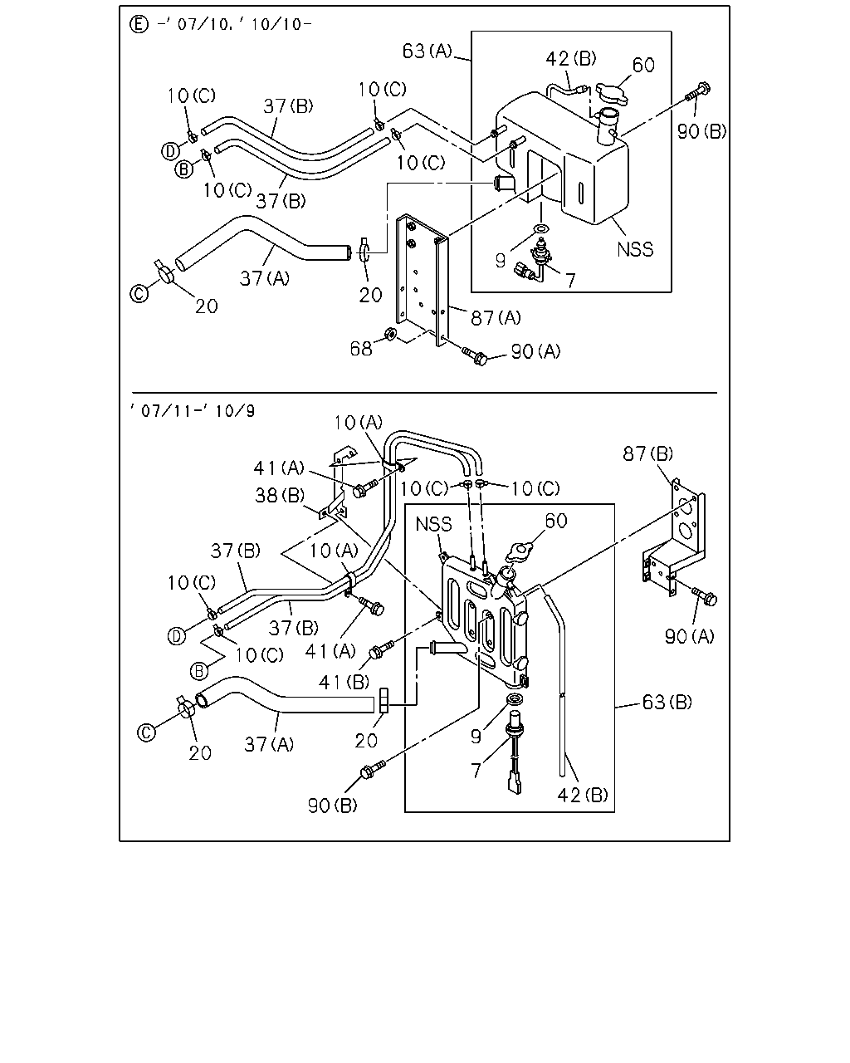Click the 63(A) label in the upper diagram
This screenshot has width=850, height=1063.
[x=427, y=51]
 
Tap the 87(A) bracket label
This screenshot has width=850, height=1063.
[x=496, y=317]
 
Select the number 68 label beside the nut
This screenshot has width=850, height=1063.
[x=360, y=349]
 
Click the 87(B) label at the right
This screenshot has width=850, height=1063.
[x=647, y=453]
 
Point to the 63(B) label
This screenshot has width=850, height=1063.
[x=667, y=702]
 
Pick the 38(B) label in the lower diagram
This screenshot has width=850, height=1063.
[x=280, y=496]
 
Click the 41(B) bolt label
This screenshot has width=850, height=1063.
[x=344, y=682]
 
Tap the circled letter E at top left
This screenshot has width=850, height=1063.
[x=139, y=24]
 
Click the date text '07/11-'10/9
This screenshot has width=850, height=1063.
[x=193, y=410]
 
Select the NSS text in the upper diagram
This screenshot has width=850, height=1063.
[x=635, y=249]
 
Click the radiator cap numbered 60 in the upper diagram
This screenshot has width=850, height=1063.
[x=612, y=93]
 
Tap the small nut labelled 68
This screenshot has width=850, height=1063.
[x=389, y=335]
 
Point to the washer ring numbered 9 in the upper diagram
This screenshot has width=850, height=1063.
[x=541, y=228]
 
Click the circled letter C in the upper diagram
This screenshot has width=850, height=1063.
[x=139, y=294]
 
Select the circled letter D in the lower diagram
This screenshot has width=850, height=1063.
[x=177, y=636]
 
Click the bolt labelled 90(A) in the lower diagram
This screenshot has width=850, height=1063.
[x=705, y=596]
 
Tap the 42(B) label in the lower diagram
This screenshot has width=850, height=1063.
[x=583, y=795]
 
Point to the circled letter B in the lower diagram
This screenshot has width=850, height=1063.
[x=199, y=671]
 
